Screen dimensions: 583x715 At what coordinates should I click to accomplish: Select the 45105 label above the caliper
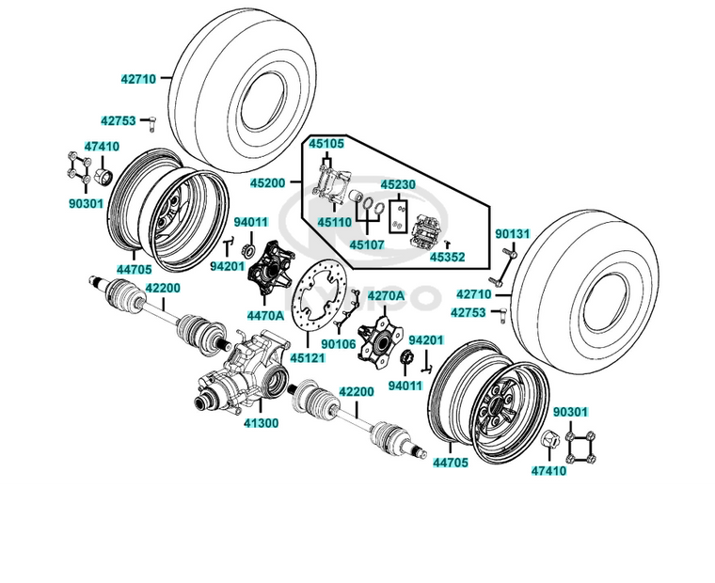[326, 144]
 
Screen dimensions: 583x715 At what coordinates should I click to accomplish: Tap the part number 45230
[399, 185]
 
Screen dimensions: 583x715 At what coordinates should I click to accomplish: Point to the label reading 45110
[334, 222]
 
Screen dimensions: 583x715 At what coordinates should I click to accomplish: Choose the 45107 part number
[367, 244]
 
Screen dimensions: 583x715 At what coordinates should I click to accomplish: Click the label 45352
[447, 256]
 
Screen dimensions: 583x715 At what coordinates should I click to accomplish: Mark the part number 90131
[513, 232]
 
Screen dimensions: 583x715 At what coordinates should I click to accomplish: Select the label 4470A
[265, 315]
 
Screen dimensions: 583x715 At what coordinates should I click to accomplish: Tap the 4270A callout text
[385, 295]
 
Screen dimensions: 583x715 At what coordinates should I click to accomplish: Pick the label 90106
[338, 343]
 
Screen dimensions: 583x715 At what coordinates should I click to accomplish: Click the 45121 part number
[309, 358]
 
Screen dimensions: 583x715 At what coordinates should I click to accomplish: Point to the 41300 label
[261, 423]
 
